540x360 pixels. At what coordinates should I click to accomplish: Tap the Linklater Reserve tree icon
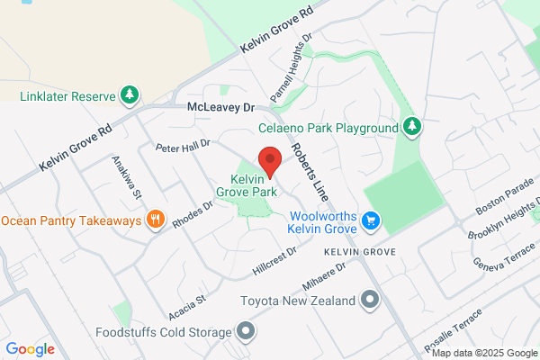[x=130, y=94]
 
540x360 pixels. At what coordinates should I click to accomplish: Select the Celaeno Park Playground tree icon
[x=412, y=126]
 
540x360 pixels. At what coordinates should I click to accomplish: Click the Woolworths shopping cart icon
[x=370, y=220]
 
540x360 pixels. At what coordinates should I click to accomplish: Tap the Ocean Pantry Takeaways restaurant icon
[x=156, y=220]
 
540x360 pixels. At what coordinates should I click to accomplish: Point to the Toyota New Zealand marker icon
[x=370, y=299]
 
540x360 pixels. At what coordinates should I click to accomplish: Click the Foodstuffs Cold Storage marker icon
[x=246, y=332]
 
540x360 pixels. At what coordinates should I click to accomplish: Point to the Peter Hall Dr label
[x=182, y=145]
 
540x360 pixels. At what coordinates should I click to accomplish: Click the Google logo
[x=31, y=349]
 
